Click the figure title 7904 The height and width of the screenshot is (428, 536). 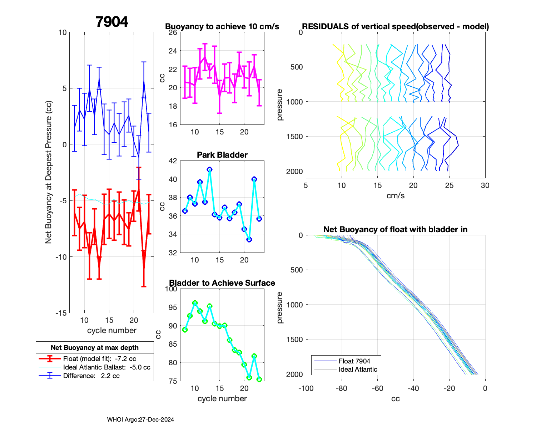pyautogui.click(x=111, y=22)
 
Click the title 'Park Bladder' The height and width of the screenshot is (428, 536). pyautogui.click(x=222, y=155)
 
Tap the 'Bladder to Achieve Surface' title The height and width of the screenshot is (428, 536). pyautogui.click(x=222, y=283)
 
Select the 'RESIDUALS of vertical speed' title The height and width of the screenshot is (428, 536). pyautogui.click(x=396, y=26)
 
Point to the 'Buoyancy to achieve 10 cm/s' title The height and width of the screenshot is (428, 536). pyautogui.click(x=222, y=26)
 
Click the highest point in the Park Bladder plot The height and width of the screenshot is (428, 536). pyautogui.click(x=209, y=169)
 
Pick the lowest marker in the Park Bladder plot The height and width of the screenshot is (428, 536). pyautogui.click(x=249, y=240)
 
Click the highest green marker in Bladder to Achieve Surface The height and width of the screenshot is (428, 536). pyautogui.click(x=195, y=303)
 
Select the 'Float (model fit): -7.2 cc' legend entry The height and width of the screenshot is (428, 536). pyautogui.click(x=99, y=359)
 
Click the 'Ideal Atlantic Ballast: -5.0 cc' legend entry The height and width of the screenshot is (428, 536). pyautogui.click(x=106, y=367)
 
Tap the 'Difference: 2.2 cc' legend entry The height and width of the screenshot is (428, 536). pyautogui.click(x=91, y=376)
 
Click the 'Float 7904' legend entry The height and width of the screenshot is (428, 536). pyautogui.click(x=354, y=361)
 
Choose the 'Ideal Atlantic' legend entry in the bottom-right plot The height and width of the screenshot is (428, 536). pyautogui.click(x=358, y=370)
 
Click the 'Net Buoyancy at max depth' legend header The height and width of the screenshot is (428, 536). pyautogui.click(x=95, y=347)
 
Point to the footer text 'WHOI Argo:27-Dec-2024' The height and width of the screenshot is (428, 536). pyautogui.click(x=140, y=419)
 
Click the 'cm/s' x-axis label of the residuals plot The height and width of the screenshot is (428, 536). pyautogui.click(x=396, y=195)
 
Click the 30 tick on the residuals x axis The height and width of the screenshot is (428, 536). pyautogui.click(x=485, y=185)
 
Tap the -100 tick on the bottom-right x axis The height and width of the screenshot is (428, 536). pyautogui.click(x=306, y=388)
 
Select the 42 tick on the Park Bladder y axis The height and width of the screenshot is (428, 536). pyautogui.click(x=173, y=161)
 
